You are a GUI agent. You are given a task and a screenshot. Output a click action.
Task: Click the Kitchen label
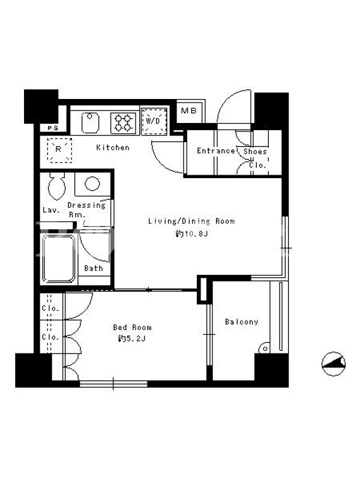(113, 148)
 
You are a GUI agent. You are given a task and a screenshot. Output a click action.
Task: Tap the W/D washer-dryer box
(154, 121)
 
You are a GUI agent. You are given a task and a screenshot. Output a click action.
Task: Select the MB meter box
(189, 111)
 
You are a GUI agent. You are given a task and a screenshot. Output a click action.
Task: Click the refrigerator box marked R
(59, 150)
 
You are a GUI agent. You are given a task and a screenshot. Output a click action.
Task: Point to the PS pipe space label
(53, 128)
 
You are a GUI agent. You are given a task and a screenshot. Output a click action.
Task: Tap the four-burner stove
(124, 123)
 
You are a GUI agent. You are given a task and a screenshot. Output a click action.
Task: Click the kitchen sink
(91, 122)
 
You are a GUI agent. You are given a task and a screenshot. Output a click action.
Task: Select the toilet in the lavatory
(57, 186)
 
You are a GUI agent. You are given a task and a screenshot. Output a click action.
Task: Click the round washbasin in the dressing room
(92, 184)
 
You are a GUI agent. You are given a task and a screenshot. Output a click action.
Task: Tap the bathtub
(58, 259)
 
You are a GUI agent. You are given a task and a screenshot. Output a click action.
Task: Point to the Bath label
(94, 268)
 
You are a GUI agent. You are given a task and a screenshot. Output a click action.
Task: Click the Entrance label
(215, 151)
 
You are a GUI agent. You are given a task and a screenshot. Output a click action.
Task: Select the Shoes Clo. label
(256, 158)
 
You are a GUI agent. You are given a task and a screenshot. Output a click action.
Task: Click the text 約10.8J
(192, 234)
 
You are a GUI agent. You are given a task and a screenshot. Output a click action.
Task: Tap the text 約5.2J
(132, 339)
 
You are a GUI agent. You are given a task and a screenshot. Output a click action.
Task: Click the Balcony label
(242, 322)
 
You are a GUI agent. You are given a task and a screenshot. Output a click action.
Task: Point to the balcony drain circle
(265, 349)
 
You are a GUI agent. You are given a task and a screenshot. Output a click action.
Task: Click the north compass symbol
(334, 364)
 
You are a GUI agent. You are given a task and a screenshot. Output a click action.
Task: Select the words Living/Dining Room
(191, 221)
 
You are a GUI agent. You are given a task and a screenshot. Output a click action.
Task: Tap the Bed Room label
(132, 327)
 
